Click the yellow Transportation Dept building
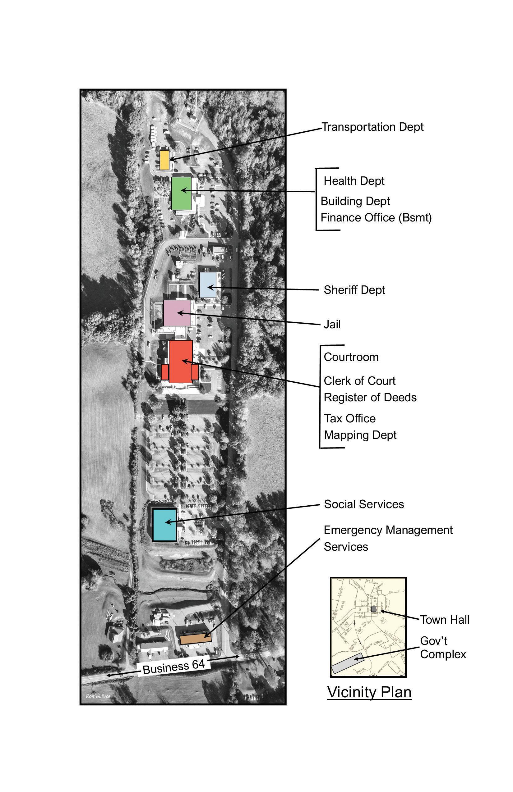tap(164, 160)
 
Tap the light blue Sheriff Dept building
tap(208, 285)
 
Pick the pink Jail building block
tap(177, 313)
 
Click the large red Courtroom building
tap(180, 362)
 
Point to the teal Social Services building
tap(164, 525)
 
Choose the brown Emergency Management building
tap(196, 639)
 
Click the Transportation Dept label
tap(372, 127)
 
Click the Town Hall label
tap(444, 620)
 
